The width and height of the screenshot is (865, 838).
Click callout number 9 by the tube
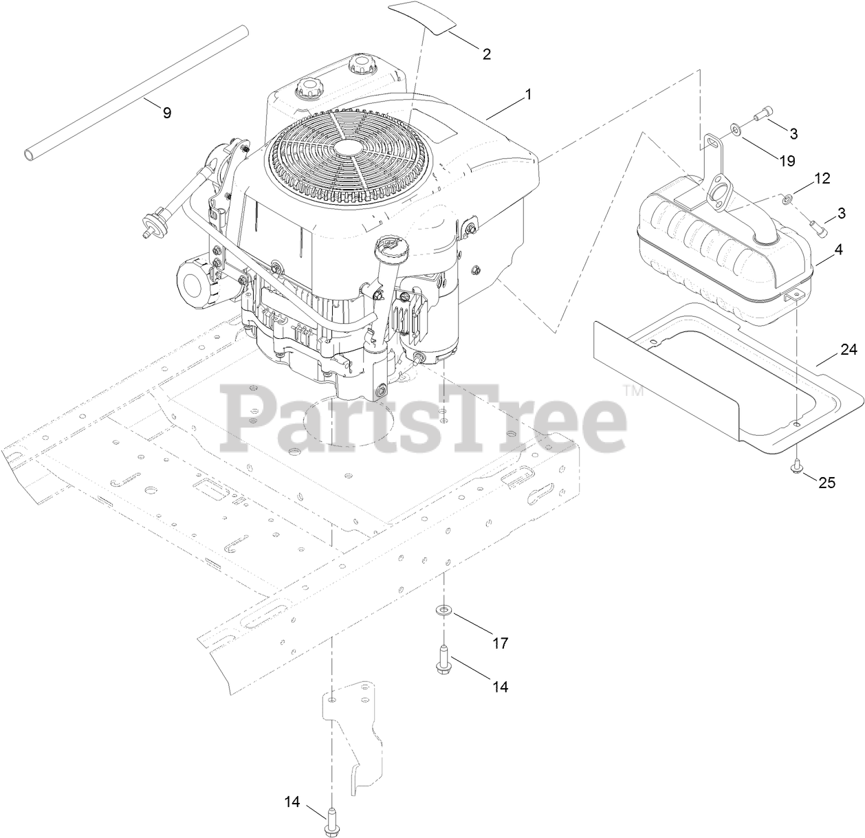click(x=167, y=113)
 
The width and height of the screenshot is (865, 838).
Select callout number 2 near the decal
click(x=487, y=54)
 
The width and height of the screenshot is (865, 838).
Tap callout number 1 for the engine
click(x=528, y=95)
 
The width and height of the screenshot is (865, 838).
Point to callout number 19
click(x=787, y=160)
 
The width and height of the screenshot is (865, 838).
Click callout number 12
click(x=822, y=179)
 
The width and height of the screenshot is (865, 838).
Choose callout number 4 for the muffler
click(x=837, y=250)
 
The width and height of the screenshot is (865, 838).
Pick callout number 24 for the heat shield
click(x=848, y=351)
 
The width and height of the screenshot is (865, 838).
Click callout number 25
click(x=826, y=483)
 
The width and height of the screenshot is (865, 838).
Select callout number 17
click(x=500, y=643)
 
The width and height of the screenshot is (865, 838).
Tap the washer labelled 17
click(x=444, y=610)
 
